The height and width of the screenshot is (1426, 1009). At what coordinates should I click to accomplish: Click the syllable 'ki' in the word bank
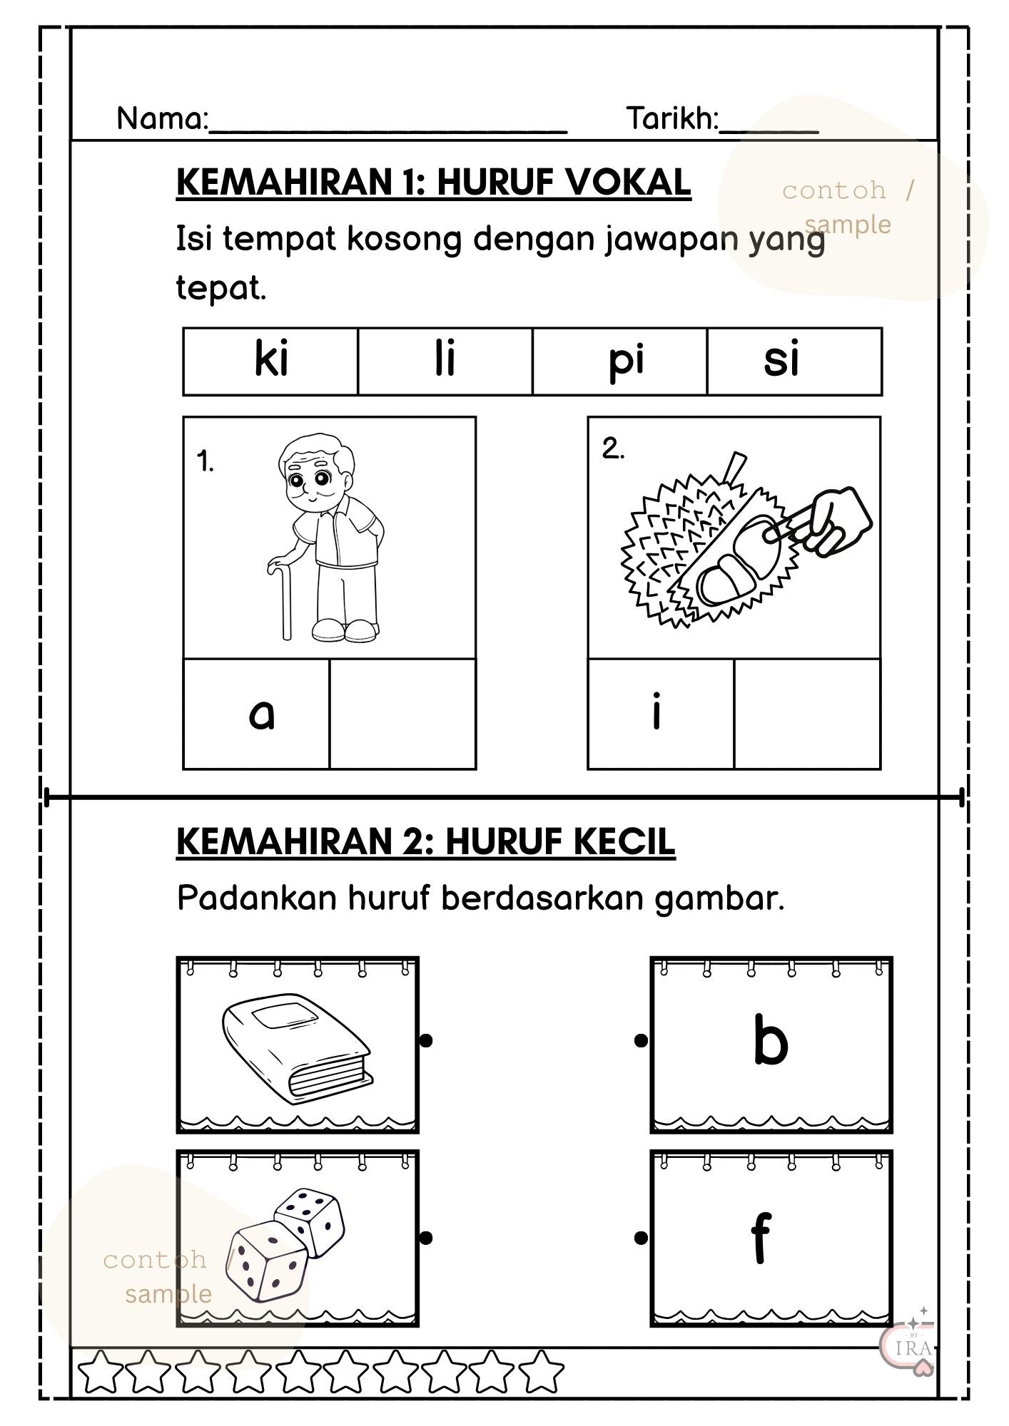pos(271,360)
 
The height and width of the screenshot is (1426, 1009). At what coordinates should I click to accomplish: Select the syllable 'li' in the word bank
pos(445,360)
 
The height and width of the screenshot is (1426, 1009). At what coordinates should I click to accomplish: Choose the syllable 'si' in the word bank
pos(781,360)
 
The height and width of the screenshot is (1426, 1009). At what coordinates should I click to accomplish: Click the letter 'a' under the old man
pos(261,714)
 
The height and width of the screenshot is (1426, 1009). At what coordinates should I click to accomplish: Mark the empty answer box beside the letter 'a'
pos(402,714)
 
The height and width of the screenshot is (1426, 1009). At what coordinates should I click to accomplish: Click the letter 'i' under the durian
pos(656,714)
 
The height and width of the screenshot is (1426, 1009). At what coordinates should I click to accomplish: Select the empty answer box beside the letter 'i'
pos(807,714)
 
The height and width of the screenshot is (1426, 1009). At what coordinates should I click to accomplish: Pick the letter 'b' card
pos(771,1045)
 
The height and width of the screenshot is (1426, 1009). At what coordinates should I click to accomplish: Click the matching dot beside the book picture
pos(426,1041)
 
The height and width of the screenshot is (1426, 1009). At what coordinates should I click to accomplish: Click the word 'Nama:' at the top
pos(162,119)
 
